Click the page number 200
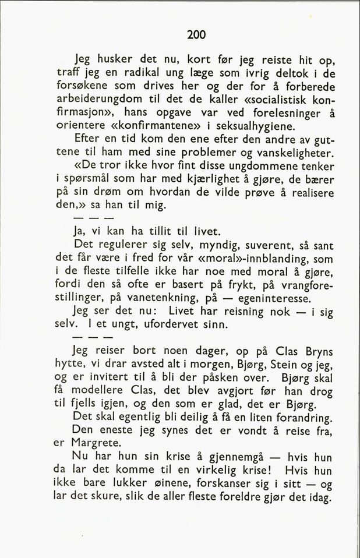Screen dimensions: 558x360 [196, 35]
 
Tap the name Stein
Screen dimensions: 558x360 [283, 366]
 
